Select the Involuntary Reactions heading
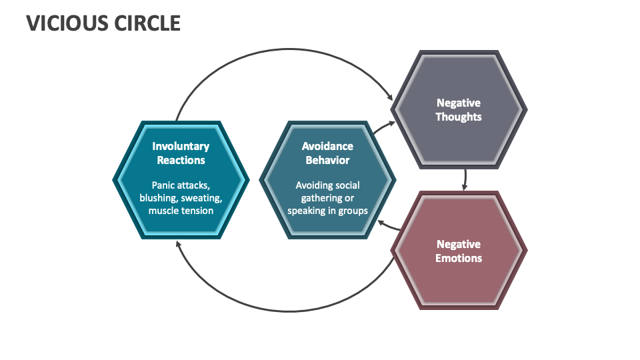coord(181,153)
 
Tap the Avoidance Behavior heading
coord(327,153)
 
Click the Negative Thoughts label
coord(458,109)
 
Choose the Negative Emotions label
coord(458,251)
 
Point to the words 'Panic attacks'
coord(179,185)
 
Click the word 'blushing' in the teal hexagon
coord(157,198)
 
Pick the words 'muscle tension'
coord(181,211)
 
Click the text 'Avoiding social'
coord(327,185)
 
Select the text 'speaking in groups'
coord(327,211)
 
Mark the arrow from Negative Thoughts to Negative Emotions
coord(465,178)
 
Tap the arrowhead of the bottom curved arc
coord(178,243)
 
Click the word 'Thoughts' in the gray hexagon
coord(458,117)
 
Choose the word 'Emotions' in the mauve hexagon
coord(458,258)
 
